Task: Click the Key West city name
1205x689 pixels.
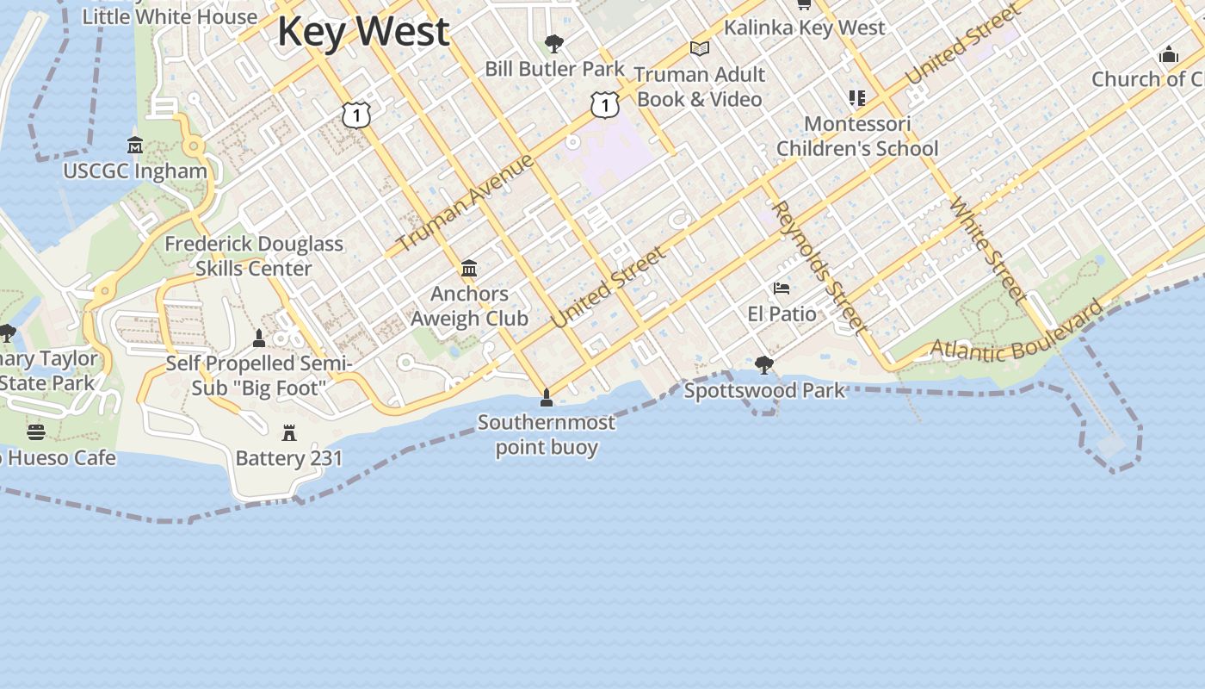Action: pos(362,32)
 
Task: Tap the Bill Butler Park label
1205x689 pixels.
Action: pos(554,69)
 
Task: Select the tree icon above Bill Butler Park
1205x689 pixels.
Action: pos(554,43)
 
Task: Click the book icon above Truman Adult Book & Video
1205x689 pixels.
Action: pos(700,49)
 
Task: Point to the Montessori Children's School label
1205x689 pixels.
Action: pos(857,136)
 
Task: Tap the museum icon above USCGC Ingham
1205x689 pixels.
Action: pos(135,145)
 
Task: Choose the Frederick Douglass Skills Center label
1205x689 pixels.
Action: pos(254,256)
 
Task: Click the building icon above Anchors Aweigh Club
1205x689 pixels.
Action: pos(469,269)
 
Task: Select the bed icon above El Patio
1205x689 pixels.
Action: pos(782,289)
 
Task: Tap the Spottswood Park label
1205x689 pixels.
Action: pos(764,391)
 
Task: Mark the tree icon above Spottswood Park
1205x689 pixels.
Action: pos(763,365)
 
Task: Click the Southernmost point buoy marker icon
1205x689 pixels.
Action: pos(546,398)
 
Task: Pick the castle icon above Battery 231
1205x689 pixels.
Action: pos(289,433)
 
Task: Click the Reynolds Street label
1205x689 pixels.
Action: pos(819,266)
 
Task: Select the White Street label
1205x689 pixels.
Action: pos(987,251)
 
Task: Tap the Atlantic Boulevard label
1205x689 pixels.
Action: pos(1017,334)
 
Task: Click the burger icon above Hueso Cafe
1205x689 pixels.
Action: pos(35,431)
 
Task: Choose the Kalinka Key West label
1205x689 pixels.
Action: pos(804,28)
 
